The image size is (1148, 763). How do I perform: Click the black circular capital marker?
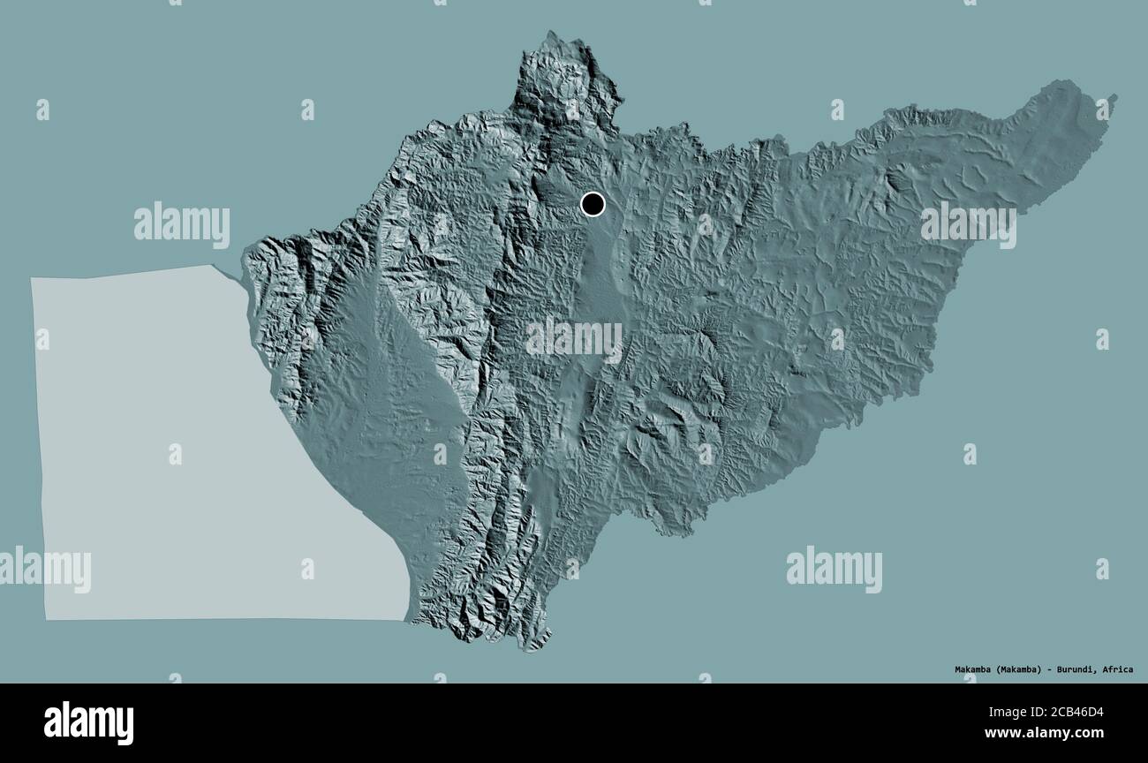[593, 204]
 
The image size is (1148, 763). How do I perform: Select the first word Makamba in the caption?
[974, 669]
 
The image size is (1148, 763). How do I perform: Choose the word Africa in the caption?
[1118, 669]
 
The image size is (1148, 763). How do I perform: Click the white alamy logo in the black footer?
[88, 722]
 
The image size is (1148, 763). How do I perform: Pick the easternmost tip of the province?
[1114, 97]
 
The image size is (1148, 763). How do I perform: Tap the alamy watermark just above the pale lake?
[182, 224]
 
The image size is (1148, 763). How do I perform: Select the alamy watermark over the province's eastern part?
[968, 224]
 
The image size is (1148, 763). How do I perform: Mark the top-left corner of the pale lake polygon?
[32, 279]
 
